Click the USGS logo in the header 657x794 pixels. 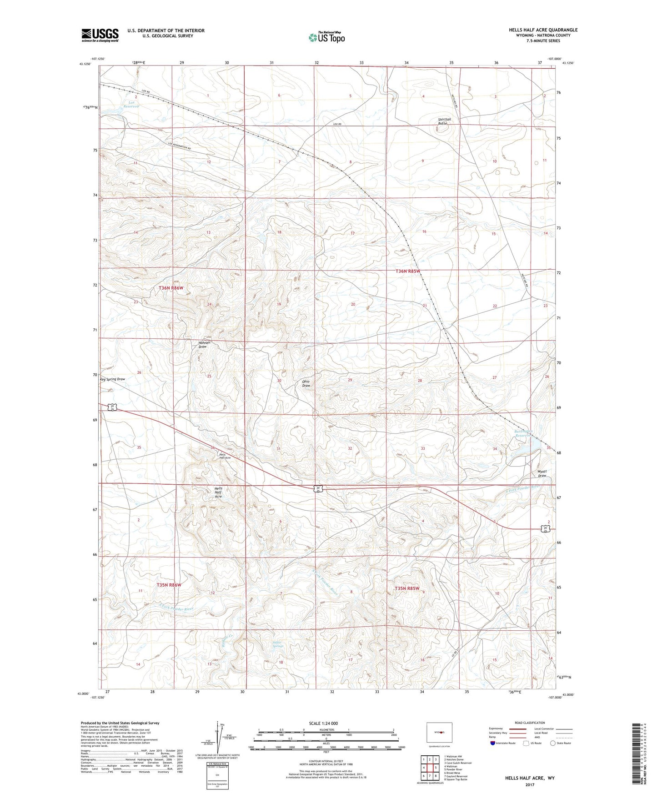pyautogui.click(x=100, y=35)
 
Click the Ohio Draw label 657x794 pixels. pyautogui.click(x=306, y=383)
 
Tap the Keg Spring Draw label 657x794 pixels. pyautogui.click(x=112, y=379)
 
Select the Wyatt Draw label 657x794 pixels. pyautogui.click(x=541, y=473)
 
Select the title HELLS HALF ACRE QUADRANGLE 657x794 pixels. pyautogui.click(x=543, y=30)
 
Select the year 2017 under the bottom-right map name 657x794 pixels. pyautogui.click(x=529, y=784)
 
